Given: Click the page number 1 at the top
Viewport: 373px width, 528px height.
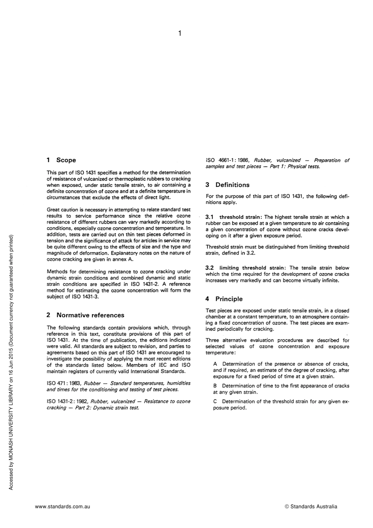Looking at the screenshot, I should pos(179,34).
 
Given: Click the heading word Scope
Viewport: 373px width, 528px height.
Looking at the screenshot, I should pos(66,160).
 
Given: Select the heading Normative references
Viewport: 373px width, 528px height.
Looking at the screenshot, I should pos(90,315).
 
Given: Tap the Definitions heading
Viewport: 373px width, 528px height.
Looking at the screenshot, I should pos(232,185).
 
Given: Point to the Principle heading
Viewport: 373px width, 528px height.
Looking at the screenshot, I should pos(229,299).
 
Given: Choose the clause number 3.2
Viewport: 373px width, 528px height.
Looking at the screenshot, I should pos(210,268).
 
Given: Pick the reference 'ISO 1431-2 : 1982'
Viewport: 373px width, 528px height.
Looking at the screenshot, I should pos(67,401).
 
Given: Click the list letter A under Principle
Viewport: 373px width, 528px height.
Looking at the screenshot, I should pos(215,364).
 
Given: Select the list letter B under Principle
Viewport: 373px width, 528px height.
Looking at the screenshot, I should pos(215,386).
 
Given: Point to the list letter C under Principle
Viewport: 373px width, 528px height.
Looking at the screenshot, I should pos(215,401).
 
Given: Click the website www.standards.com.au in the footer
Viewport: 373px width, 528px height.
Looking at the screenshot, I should pos(62,506).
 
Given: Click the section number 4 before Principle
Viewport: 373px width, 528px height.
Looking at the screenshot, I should pos(207,299).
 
